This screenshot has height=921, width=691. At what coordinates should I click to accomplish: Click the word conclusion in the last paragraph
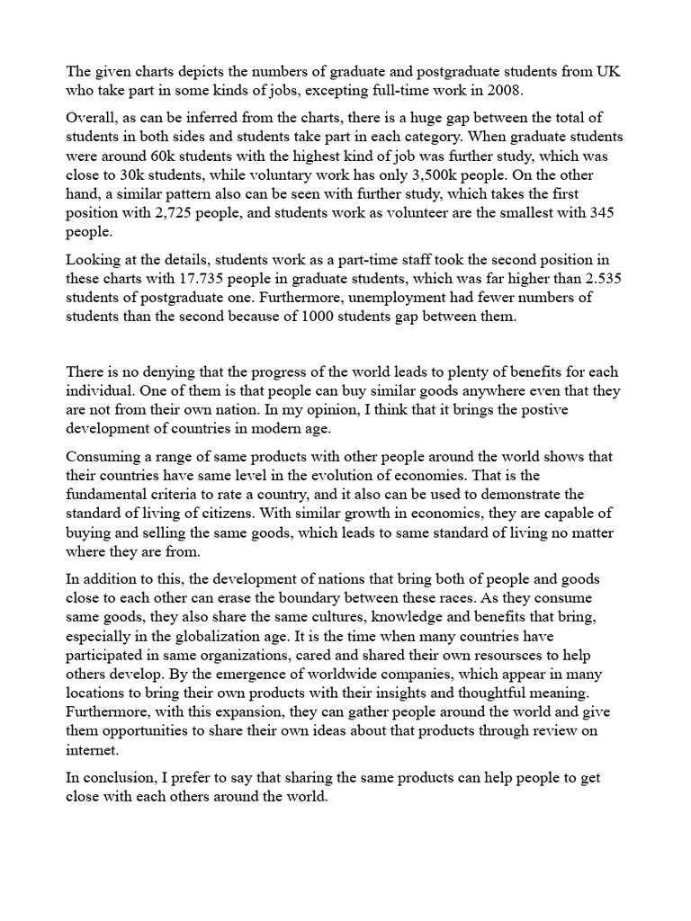click(x=115, y=776)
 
